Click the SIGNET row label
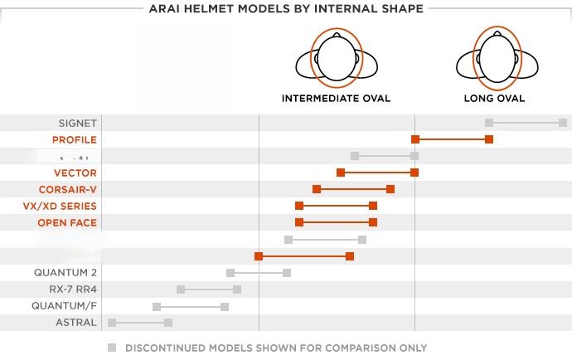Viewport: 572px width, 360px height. coord(77,123)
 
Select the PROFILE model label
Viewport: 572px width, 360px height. coord(74,139)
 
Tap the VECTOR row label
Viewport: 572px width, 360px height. coord(75,173)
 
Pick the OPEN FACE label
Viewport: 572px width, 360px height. coord(67,222)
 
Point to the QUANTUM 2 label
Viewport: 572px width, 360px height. coord(65,272)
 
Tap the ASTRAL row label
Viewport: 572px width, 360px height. coord(76,322)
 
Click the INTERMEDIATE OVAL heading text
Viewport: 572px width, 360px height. coord(336,98)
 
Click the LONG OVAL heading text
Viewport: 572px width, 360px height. coord(494,98)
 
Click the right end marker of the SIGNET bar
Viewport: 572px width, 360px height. coord(563,123)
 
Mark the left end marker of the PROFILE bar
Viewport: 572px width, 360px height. coord(415,139)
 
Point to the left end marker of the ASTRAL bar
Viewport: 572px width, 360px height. coord(112,322)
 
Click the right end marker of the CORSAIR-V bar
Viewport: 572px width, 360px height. coord(390,189)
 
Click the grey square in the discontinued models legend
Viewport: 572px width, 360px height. coord(112,348)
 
